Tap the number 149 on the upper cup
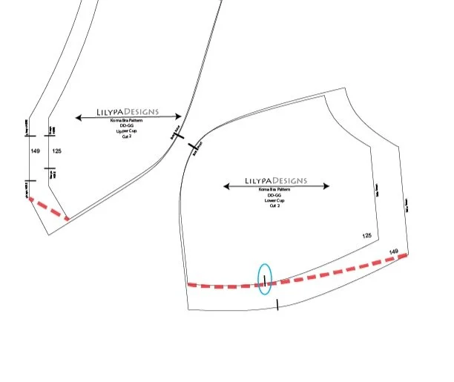click(35, 151)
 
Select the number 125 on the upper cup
click(56, 151)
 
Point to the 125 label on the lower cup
click(366, 235)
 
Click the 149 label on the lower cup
click(394, 252)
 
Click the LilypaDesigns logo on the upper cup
click(128, 113)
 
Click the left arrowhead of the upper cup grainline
click(78, 117)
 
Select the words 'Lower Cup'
click(275, 200)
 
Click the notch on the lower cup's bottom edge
click(277, 304)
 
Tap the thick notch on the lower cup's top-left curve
click(193, 147)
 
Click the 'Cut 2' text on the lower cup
click(275, 205)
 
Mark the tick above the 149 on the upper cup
click(27, 137)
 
